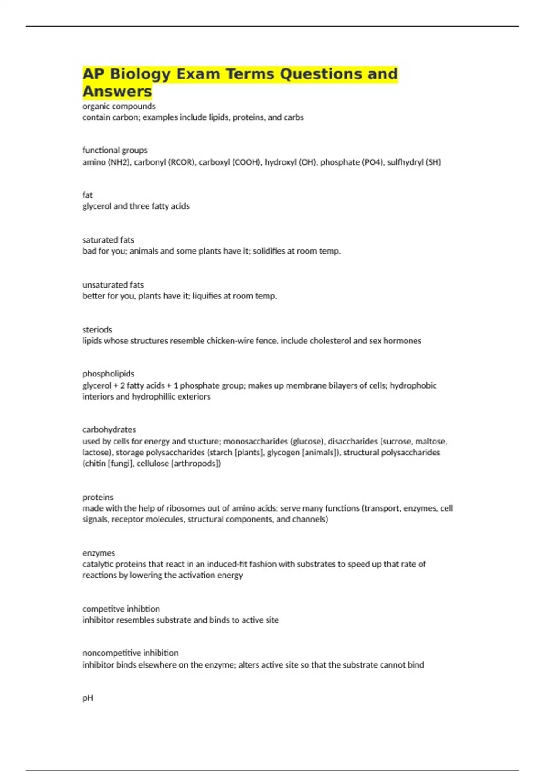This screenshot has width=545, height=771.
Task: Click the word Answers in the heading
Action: point(117,91)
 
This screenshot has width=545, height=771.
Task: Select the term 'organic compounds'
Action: point(119,107)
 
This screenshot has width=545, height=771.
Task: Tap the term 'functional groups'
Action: point(114,150)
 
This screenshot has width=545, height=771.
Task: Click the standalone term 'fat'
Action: point(87,195)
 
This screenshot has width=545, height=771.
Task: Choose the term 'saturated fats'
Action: point(108,240)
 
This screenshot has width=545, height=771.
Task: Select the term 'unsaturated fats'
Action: point(113,285)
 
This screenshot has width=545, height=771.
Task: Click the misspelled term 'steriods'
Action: point(97,330)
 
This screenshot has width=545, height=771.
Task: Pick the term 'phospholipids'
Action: point(108,374)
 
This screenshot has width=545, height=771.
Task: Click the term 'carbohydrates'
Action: point(109,429)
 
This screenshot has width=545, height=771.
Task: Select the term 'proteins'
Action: point(98,498)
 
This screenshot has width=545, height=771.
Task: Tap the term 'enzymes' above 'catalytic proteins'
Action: point(99,553)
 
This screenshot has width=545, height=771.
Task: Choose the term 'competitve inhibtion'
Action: point(121,609)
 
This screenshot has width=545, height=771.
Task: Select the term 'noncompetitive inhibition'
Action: point(130,653)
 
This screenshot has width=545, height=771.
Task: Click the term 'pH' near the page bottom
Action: point(88,698)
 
